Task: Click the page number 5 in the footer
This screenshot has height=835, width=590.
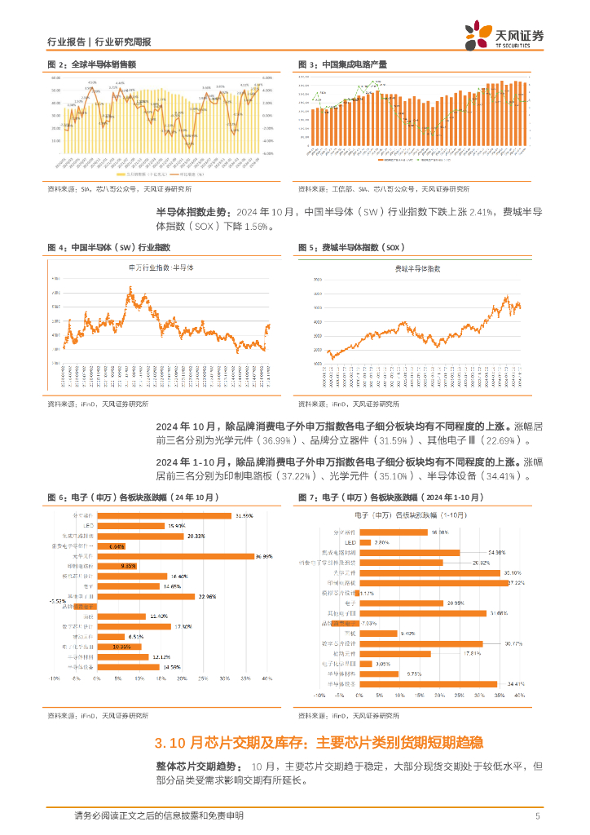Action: coord(538,816)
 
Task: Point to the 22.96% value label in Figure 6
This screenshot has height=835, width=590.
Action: coord(207,596)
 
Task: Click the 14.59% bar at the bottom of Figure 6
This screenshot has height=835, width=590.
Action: coord(130,666)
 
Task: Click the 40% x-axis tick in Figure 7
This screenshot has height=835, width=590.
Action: coord(518,696)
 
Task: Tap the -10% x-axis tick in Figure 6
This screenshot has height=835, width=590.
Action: coord(55,678)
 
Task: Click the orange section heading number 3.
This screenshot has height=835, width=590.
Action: coord(159,743)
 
